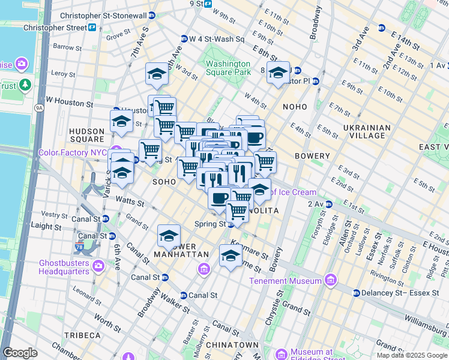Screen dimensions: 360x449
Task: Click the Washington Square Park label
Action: tap(228, 68)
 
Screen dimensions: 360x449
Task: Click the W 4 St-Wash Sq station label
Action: tap(217, 39)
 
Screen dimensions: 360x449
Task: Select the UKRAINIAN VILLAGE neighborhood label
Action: tap(367, 131)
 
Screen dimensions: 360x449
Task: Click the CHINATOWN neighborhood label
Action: tap(232, 346)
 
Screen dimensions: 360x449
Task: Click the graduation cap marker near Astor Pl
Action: tap(278, 73)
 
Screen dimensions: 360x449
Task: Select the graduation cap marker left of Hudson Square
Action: tap(121, 122)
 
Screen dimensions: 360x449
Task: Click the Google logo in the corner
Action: tap(20, 352)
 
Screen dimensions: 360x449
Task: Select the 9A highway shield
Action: tap(40, 108)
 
